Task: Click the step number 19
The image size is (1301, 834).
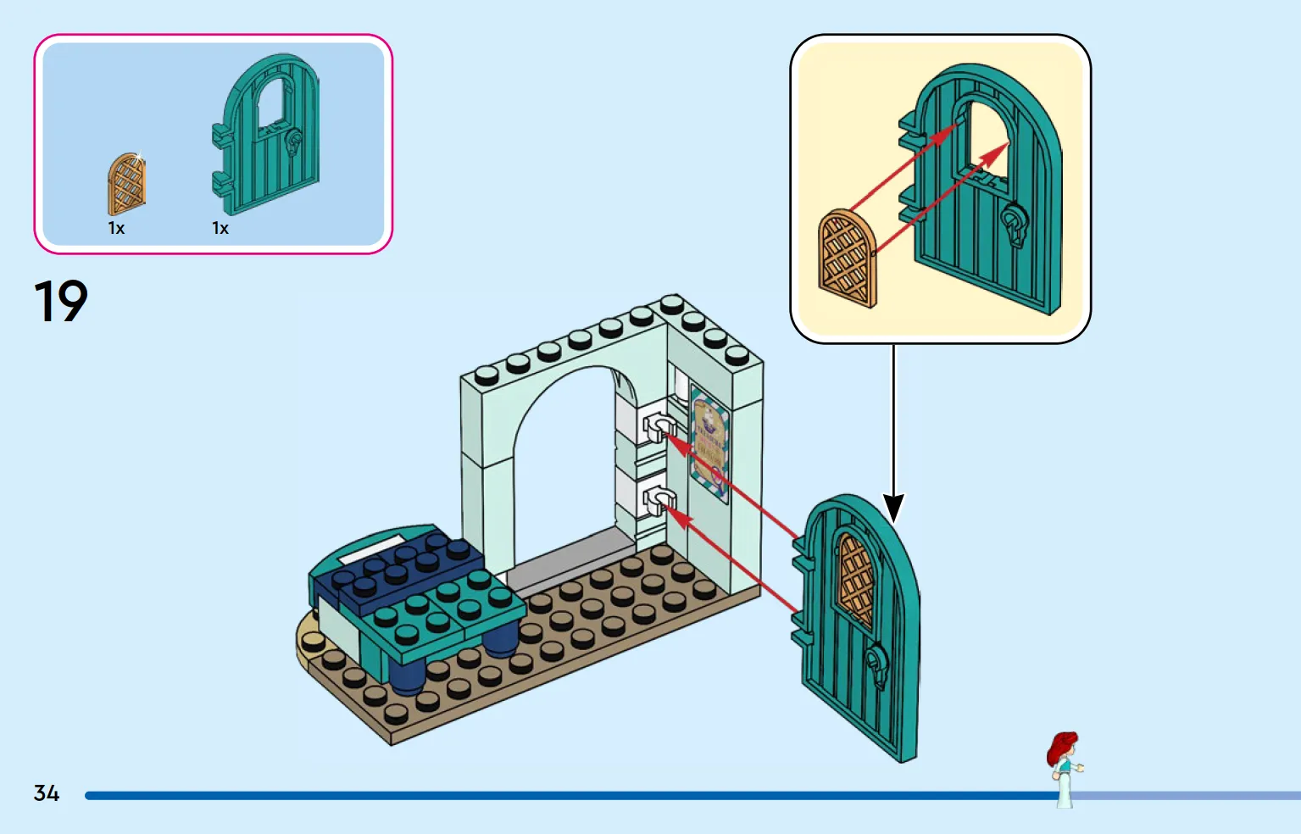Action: click(61, 300)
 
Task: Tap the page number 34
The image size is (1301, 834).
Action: click(47, 792)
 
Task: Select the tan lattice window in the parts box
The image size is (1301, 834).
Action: click(126, 184)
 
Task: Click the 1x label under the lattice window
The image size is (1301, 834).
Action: click(116, 228)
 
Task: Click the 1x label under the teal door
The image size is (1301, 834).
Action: click(220, 228)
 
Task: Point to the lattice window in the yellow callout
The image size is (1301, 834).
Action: click(848, 259)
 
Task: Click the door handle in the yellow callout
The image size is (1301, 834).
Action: click(1015, 225)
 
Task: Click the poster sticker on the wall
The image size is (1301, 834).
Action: click(709, 444)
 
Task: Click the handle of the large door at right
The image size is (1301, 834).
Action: click(877, 665)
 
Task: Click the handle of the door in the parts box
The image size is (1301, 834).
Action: click(294, 143)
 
